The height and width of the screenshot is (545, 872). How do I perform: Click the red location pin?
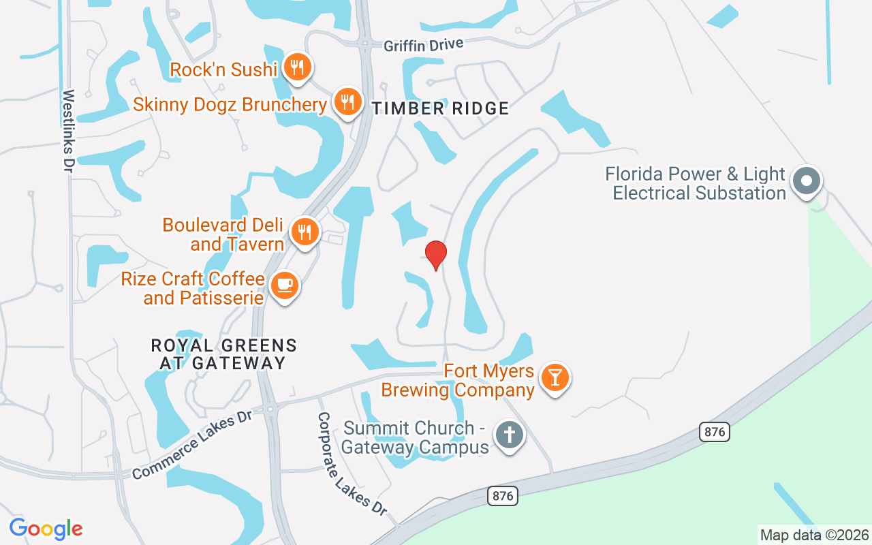(435, 255)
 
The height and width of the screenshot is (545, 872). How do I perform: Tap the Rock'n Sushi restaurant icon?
(298, 67)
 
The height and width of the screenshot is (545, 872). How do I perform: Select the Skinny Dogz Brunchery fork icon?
(348, 102)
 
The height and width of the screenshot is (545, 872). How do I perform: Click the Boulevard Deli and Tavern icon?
(305, 232)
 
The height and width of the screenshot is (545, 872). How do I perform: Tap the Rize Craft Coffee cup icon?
(284, 285)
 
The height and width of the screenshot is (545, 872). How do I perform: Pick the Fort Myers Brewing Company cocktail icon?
(555, 377)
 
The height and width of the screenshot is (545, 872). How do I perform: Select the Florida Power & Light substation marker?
(807, 181)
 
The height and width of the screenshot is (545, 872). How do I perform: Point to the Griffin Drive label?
(423, 45)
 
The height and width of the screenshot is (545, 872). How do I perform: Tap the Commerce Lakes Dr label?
(191, 443)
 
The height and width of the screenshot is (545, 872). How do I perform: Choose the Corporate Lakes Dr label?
(352, 464)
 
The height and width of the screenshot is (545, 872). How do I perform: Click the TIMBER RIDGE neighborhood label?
(440, 108)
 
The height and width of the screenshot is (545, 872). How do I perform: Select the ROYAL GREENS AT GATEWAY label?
(223, 354)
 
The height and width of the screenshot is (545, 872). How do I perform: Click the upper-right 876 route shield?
(714, 431)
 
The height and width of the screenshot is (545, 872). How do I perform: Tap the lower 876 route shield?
(503, 495)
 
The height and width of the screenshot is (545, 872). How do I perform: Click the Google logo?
(46, 529)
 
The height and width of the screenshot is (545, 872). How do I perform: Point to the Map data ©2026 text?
(814, 535)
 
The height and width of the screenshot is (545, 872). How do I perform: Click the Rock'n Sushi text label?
(223, 69)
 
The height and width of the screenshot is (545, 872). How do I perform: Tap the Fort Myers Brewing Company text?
(458, 380)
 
